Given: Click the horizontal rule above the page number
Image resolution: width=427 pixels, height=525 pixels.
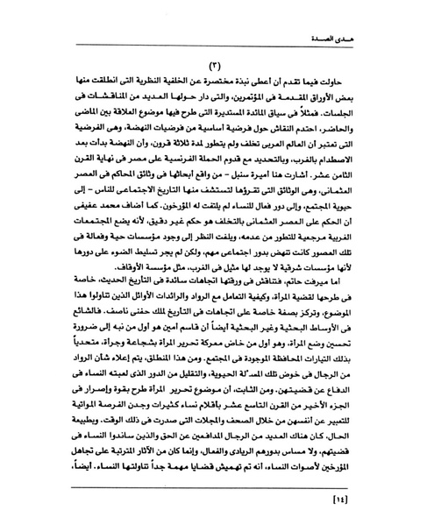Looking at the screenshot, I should (x=213, y=486).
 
